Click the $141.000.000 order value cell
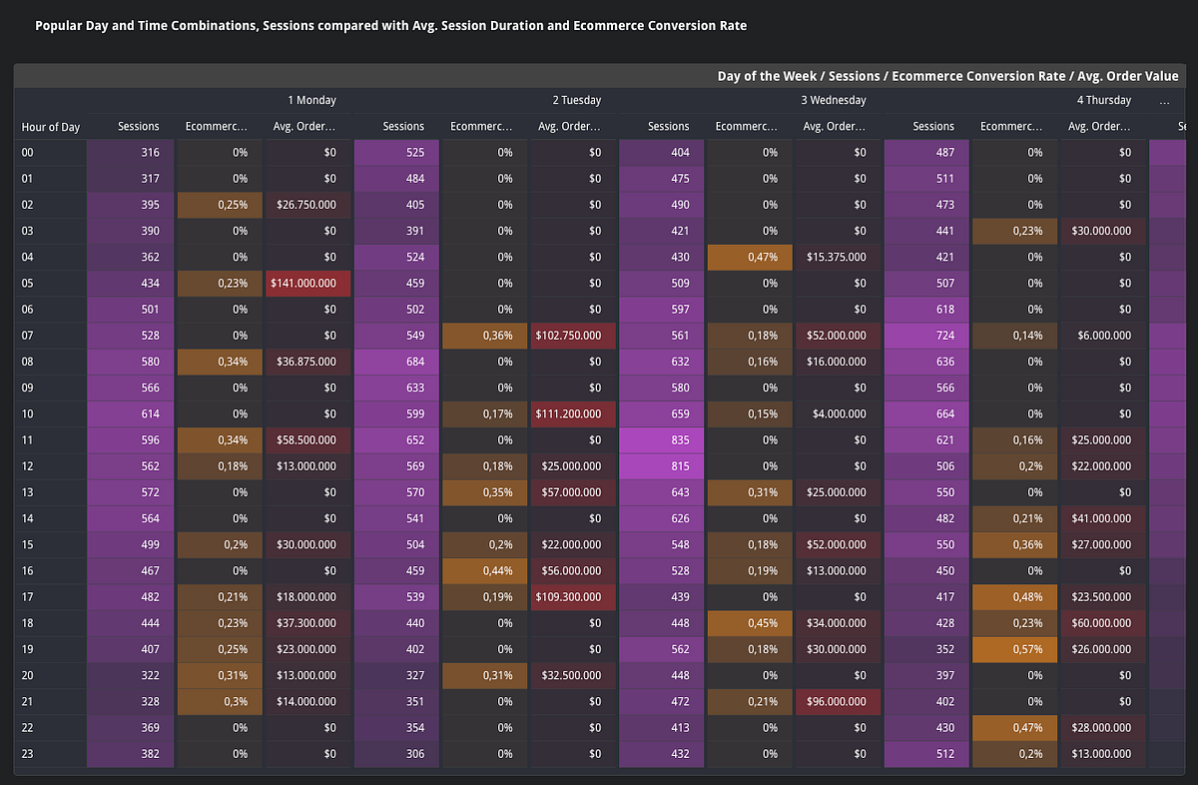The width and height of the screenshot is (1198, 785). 307,284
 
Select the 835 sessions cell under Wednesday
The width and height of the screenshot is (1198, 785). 661,440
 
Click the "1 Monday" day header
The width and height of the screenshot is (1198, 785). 311,100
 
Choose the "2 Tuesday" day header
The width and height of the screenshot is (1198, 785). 577,100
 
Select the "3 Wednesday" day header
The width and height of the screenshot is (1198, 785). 833,100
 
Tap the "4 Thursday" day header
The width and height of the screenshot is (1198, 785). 1103,100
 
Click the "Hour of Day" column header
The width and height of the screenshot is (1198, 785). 51,127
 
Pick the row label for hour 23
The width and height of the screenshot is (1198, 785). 28,754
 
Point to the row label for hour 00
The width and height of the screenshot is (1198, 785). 28,153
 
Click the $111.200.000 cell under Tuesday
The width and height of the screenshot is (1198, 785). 573,414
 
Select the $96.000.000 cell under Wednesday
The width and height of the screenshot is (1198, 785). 838,702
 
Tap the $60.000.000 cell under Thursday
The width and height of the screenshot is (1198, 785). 1103,623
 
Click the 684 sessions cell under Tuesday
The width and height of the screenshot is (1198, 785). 396,362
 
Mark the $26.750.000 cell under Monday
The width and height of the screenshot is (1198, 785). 307,205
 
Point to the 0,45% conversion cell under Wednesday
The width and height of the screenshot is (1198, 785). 749,623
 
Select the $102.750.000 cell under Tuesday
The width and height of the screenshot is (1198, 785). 573,336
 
